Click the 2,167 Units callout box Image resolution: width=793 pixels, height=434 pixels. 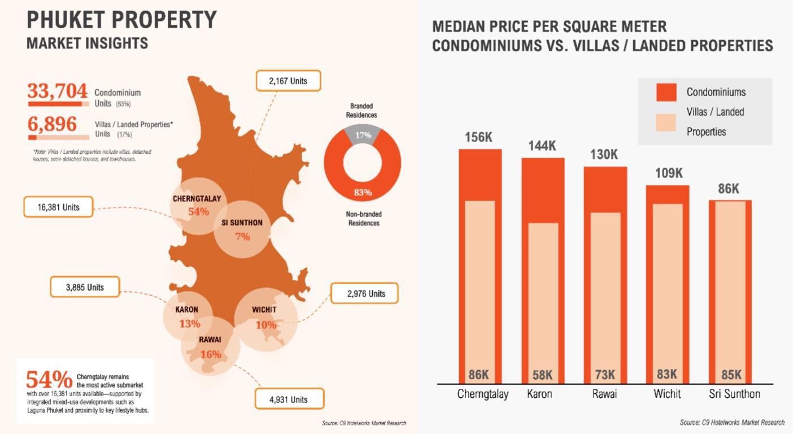(x=288, y=81)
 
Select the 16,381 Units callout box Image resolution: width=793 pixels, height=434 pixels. (x=59, y=207)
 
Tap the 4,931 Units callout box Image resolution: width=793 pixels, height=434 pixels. (x=289, y=399)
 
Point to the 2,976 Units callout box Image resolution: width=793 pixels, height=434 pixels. (x=364, y=293)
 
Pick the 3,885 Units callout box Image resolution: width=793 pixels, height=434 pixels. (x=85, y=287)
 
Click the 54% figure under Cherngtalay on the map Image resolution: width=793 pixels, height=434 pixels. (x=198, y=212)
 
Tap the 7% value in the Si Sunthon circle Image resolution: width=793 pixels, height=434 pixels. (x=242, y=237)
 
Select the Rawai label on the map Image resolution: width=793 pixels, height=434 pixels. (x=210, y=340)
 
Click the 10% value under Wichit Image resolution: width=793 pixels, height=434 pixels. (x=266, y=325)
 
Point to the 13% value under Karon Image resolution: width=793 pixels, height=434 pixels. (x=190, y=324)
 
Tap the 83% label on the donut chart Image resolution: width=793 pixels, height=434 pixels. (x=363, y=192)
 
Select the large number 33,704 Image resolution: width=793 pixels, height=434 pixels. (x=58, y=90)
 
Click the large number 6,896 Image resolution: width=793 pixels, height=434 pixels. (x=52, y=123)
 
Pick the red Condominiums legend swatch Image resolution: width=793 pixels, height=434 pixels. (x=666, y=92)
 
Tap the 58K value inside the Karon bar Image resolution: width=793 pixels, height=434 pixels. (x=542, y=375)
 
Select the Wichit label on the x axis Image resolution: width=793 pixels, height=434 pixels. (x=667, y=394)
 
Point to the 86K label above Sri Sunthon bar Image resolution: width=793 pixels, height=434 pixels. (x=729, y=189)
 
